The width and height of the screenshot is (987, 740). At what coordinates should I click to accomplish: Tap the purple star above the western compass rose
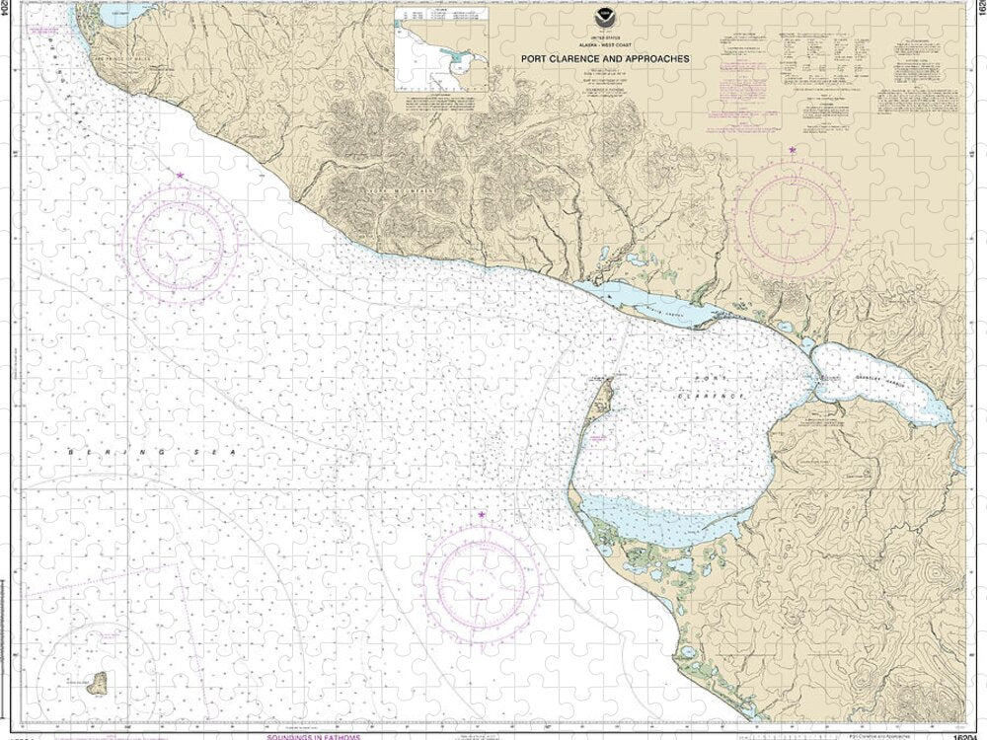point(181,175)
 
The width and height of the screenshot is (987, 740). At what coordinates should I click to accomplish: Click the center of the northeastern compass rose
point(795,216)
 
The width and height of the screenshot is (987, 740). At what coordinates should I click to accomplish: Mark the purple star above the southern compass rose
point(482,515)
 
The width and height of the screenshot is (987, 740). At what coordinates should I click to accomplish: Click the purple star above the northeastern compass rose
point(794,150)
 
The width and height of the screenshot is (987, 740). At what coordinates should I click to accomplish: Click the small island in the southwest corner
point(98,683)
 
